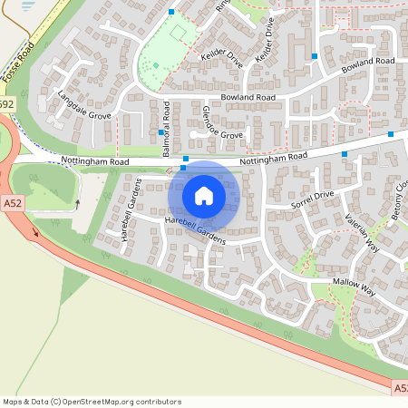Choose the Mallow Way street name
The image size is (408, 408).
point(355,288)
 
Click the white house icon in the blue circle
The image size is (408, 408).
point(204,196)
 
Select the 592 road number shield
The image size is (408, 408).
point(6,105)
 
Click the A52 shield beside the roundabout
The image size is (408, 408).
point(12,204)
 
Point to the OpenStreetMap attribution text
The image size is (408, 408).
point(91,402)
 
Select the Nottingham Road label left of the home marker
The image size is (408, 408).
point(95,161)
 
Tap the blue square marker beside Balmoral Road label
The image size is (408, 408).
point(161,132)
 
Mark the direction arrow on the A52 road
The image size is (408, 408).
point(37,232)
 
